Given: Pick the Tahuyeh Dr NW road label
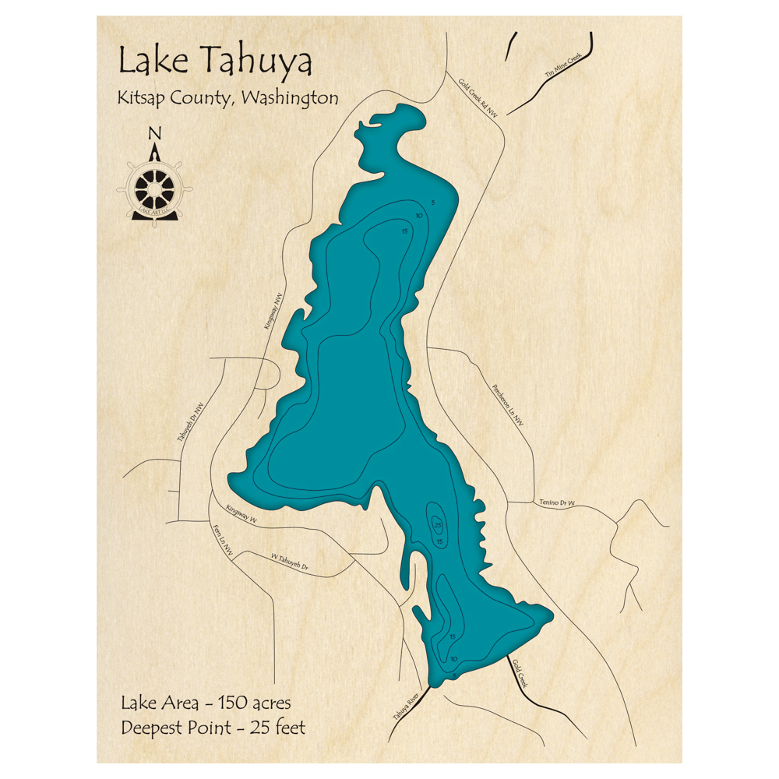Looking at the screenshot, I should coord(191,423).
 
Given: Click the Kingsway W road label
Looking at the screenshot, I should coord(241,513).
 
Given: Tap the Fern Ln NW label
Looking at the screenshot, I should coord(223,539).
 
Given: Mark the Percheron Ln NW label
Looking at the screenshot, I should coord(507,404).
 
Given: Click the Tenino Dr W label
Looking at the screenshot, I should coord(556,502).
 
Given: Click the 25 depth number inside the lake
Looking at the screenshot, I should coord(437,525).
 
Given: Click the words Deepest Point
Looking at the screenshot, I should coord(176,728).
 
